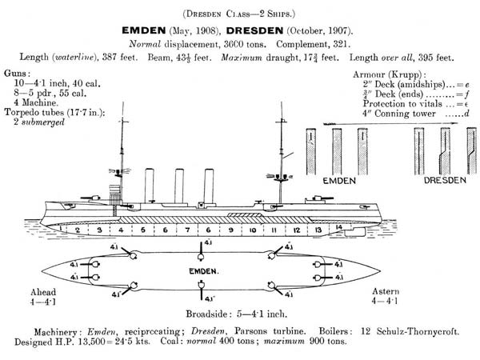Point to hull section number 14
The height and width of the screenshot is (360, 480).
tap(338, 228)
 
